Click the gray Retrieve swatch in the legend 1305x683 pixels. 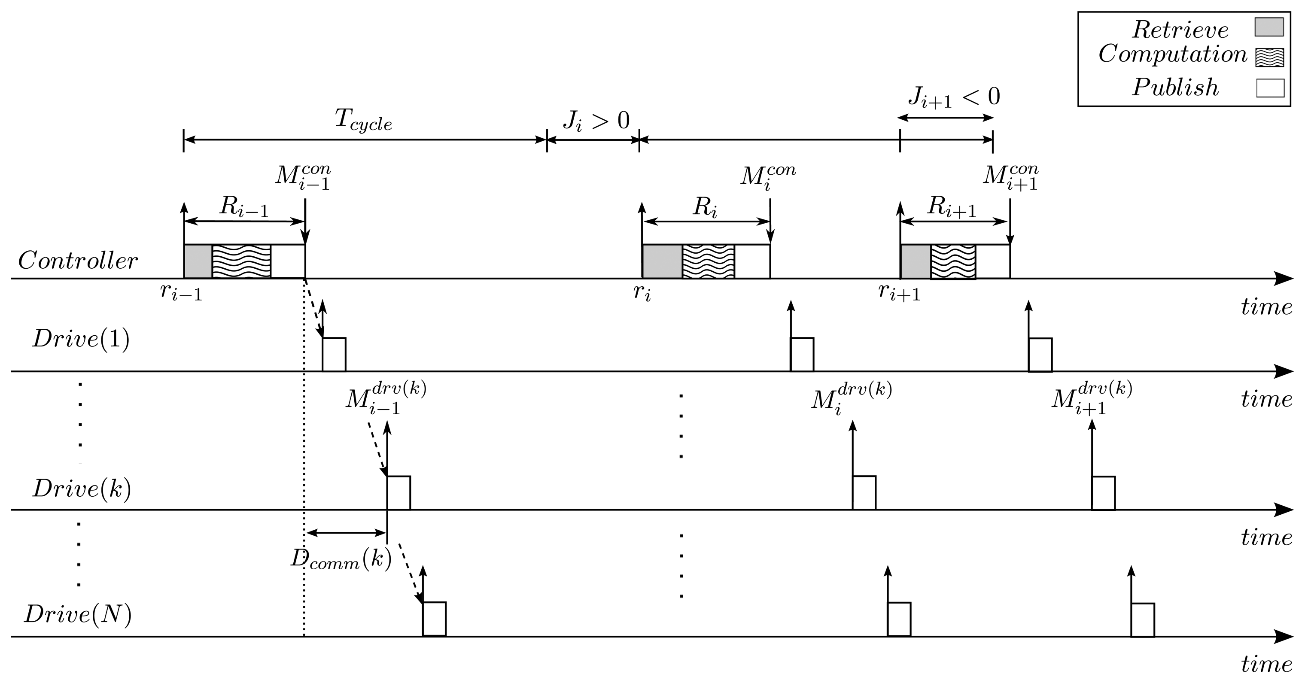(x=1268, y=27)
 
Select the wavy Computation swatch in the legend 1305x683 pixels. (x=1269, y=57)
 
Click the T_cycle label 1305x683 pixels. (x=363, y=121)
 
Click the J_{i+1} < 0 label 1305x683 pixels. (x=953, y=96)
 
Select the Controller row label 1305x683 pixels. (x=77, y=261)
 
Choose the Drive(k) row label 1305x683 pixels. (x=82, y=489)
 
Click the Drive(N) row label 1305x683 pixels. (x=77, y=615)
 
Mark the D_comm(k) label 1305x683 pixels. (x=341, y=559)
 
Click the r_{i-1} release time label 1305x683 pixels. (x=181, y=293)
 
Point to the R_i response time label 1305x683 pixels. (x=705, y=206)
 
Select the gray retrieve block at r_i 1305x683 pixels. (x=662, y=261)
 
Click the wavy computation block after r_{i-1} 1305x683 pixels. (x=241, y=261)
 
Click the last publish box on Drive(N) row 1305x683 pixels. (x=1143, y=620)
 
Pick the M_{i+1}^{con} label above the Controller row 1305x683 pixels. (x=1010, y=177)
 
